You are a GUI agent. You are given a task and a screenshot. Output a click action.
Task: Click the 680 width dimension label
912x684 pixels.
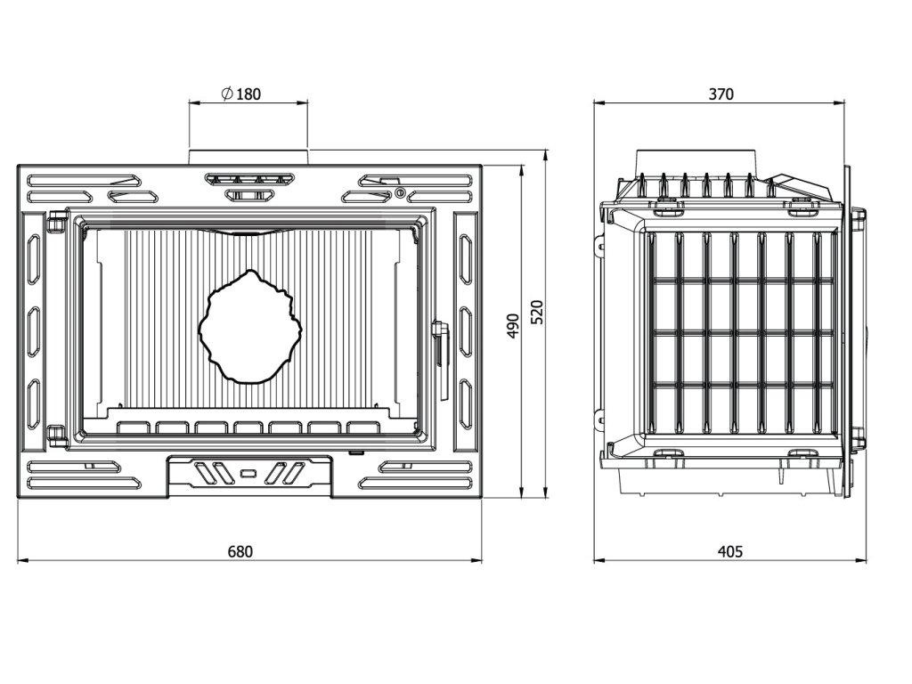pyautogui.click(x=240, y=550)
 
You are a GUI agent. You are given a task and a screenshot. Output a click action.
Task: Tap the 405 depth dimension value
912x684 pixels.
pyautogui.click(x=730, y=550)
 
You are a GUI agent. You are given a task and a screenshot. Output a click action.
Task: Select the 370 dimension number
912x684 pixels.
pyautogui.click(x=721, y=94)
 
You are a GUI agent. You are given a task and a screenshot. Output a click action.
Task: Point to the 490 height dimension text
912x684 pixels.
pyautogui.click(x=512, y=326)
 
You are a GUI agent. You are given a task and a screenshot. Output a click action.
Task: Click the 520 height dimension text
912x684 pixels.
pyautogui.click(x=537, y=313)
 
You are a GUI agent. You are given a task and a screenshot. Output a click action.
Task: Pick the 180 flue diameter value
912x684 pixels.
pyautogui.click(x=249, y=93)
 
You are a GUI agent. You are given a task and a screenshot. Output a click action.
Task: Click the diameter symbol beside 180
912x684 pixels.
pyautogui.click(x=227, y=93)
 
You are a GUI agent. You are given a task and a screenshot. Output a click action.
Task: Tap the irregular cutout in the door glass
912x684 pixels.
pyautogui.click(x=250, y=326)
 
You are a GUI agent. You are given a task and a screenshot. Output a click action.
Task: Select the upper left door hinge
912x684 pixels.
pyautogui.click(x=56, y=222)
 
